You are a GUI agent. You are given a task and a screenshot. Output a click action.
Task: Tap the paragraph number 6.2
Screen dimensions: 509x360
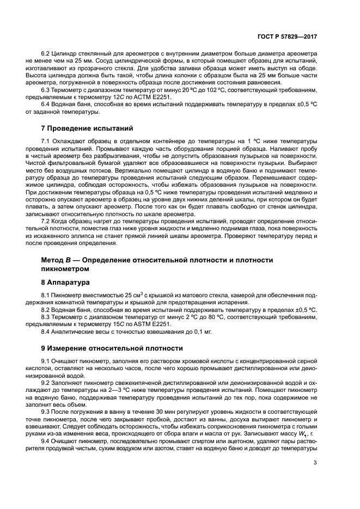pos(46,54)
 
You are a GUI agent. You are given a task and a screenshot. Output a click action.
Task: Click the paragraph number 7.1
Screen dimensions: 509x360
pos(46,141)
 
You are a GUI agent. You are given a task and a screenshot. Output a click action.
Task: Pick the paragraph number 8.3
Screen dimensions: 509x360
pos(46,316)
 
